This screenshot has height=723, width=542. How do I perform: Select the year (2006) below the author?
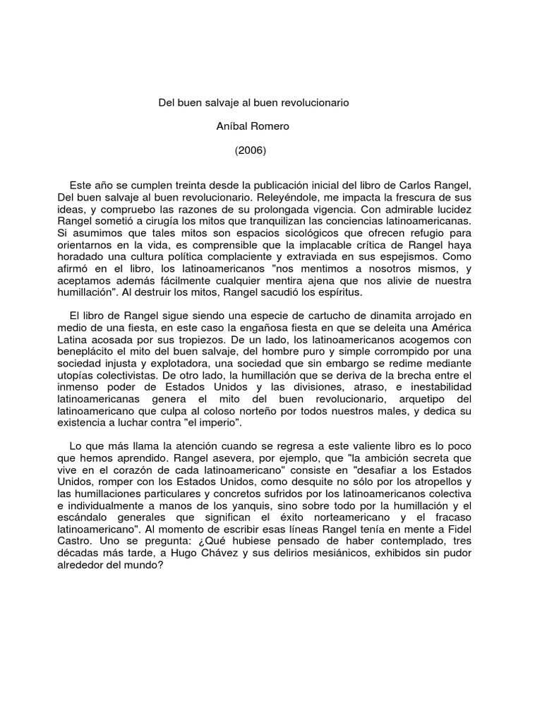pos(251,150)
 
